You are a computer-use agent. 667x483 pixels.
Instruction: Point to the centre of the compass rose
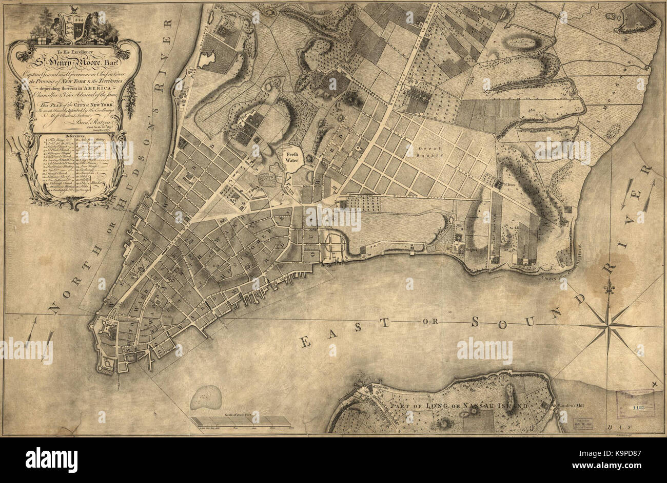click(609, 325)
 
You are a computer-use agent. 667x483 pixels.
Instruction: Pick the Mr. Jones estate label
click(505, 180)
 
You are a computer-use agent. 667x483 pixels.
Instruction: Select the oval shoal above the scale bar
click(206, 397)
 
